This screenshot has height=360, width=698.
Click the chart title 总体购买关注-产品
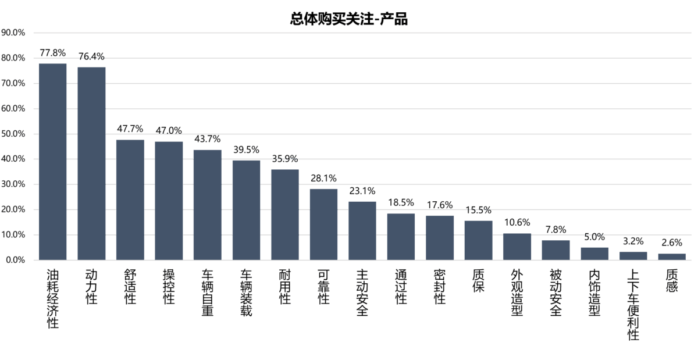click(348, 19)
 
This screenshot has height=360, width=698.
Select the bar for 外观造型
click(517, 247)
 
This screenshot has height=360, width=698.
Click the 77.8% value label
click(53, 53)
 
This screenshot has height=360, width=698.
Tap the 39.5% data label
click(246, 149)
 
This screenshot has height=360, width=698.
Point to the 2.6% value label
click(672, 243)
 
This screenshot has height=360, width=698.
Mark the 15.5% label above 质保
click(478, 210)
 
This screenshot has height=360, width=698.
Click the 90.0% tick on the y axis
click(13, 33)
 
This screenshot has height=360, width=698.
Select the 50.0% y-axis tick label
click(13, 134)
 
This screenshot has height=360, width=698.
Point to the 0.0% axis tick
click(15, 260)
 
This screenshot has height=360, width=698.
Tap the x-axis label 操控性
click(169, 287)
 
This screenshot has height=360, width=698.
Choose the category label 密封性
click(440, 287)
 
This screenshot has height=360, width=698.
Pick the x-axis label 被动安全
click(555, 293)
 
